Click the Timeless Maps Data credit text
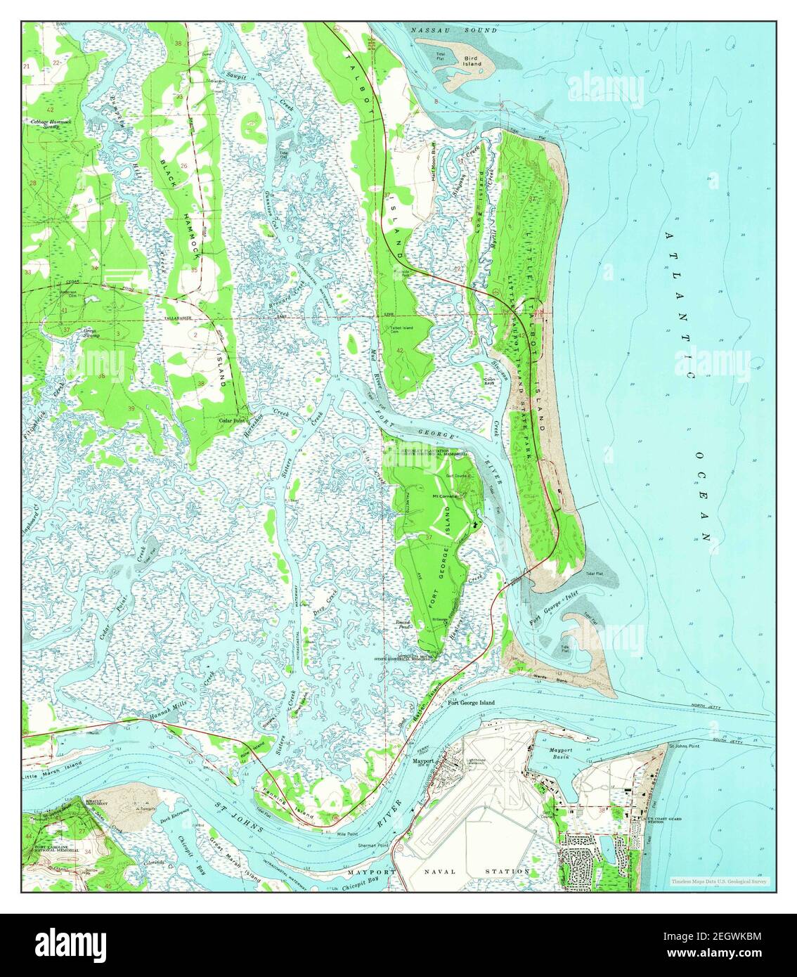[x=719, y=881]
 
